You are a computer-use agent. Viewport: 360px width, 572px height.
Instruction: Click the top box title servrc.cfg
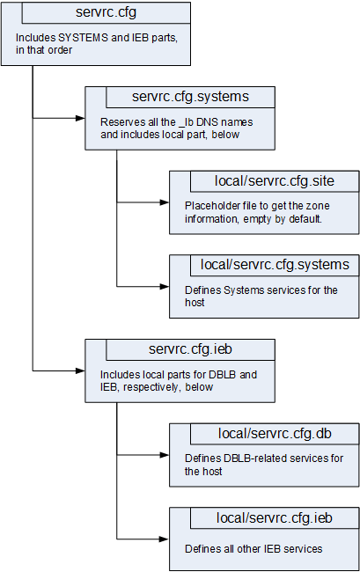point(107,13)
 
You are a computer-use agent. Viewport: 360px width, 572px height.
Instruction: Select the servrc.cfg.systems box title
point(189,96)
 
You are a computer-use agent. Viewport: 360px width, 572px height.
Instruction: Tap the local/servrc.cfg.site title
point(275,181)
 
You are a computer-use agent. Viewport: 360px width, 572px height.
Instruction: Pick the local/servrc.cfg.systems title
point(275,265)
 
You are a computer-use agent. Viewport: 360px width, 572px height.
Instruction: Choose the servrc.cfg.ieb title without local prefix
point(189,349)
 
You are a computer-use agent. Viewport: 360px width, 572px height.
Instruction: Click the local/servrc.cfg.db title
point(275,433)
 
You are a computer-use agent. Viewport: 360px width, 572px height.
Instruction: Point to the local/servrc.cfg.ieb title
point(275,517)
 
